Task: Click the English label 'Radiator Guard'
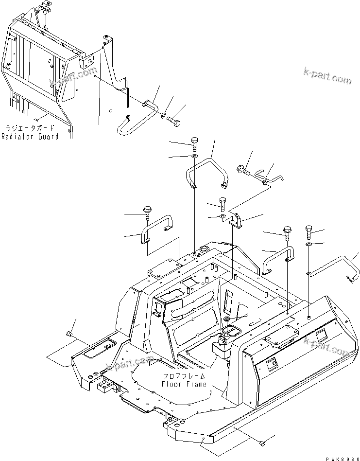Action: [x=30, y=137]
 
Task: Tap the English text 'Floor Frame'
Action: [x=184, y=384]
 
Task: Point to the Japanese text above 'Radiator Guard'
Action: [x=30, y=128]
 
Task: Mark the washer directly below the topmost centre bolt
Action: [x=193, y=156]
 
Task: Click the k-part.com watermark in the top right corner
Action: [x=326, y=75]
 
